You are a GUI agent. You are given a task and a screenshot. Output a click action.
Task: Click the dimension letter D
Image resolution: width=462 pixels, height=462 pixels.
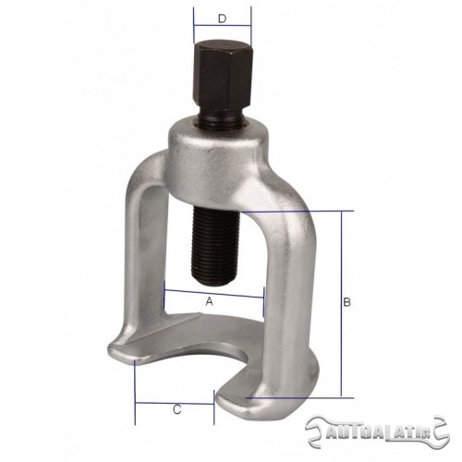tap(222, 18)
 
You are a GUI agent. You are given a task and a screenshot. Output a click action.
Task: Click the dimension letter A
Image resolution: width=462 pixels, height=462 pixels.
tap(210, 301)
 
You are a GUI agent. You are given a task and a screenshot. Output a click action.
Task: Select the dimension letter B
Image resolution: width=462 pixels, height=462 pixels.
tap(346, 302)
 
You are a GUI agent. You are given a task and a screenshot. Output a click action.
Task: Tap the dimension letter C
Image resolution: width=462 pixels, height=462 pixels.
tap(176, 410)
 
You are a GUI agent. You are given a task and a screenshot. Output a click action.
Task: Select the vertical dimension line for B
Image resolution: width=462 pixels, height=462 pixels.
tap(341, 304)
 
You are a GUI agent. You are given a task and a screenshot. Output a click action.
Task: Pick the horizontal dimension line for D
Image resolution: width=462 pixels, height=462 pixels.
tap(223, 25)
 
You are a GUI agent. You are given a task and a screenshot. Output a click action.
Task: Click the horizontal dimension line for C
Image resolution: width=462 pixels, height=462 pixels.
tap(175, 403)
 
